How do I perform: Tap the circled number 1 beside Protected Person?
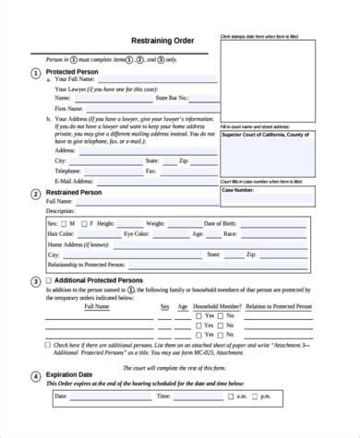coord(35,72)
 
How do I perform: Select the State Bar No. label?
coord(174,97)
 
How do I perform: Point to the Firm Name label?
coord(71,108)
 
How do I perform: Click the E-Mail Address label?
coord(76,182)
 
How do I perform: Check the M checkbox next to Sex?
coord(65,223)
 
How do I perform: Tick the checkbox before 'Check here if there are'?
coord(48,345)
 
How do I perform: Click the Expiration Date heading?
coord(75,375)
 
